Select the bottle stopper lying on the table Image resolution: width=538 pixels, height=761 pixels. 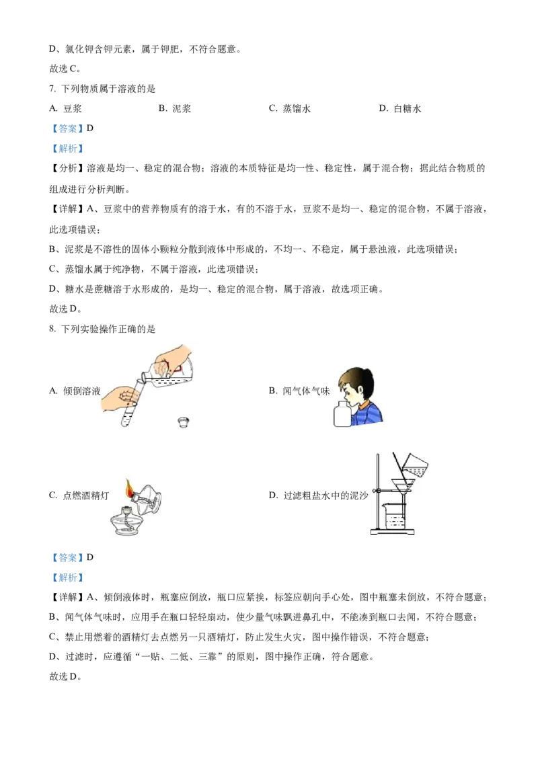[x=182, y=422]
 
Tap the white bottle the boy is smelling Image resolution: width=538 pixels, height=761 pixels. [x=342, y=413]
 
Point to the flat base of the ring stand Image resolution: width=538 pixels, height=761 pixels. [x=391, y=533]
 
